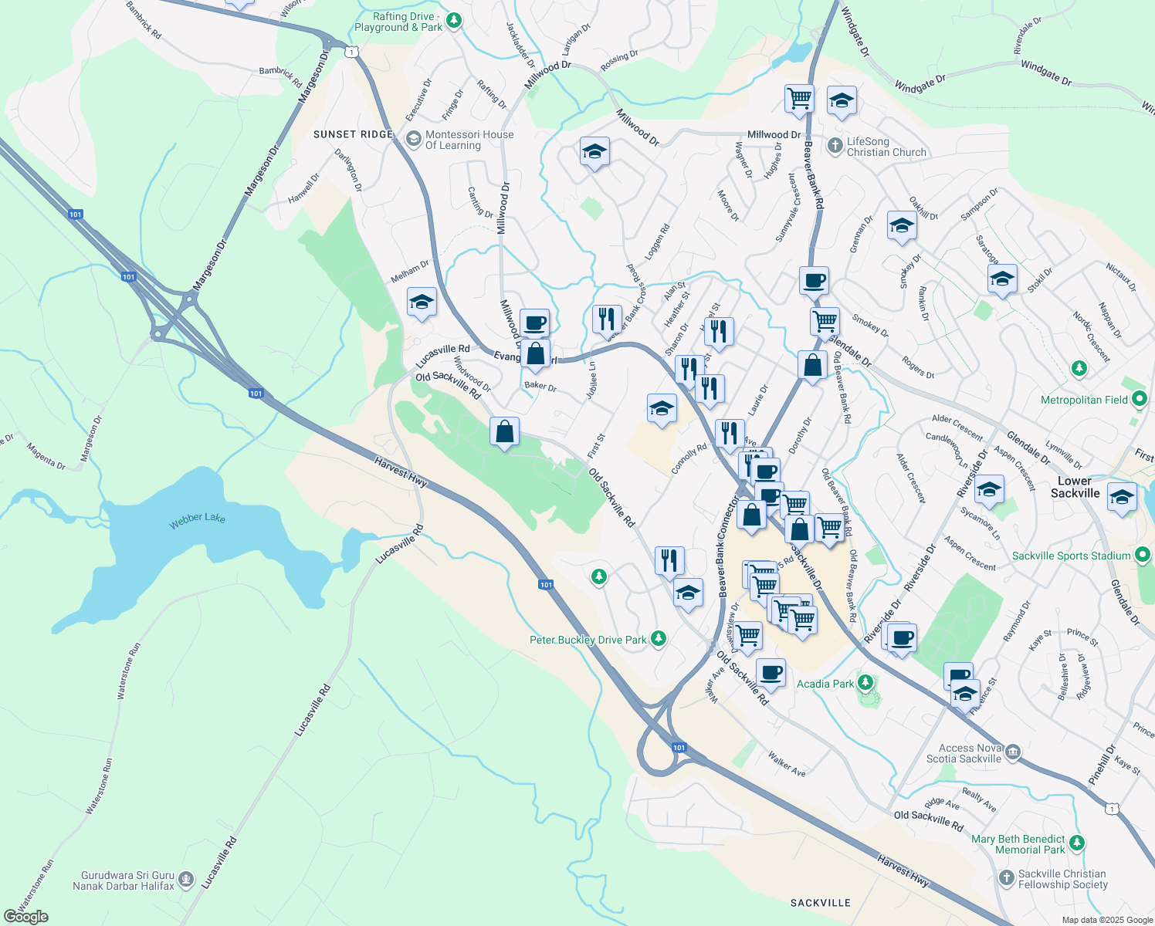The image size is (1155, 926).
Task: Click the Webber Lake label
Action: click(x=198, y=518)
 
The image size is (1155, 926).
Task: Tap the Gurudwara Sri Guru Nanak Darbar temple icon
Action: click(x=185, y=878)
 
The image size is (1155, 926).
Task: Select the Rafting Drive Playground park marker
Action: click(x=454, y=21)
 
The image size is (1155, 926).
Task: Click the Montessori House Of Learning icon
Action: click(x=413, y=139)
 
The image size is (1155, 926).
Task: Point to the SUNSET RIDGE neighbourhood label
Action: click(x=354, y=134)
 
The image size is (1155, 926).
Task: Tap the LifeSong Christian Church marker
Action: click(x=835, y=145)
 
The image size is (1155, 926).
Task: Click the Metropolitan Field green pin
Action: click(x=1140, y=400)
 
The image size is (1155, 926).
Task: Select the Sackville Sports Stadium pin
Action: click(x=1143, y=555)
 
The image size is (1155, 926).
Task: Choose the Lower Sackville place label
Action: click(x=1075, y=487)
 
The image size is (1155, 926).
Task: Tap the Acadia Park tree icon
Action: click(x=865, y=683)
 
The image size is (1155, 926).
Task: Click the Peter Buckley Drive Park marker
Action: click(x=659, y=638)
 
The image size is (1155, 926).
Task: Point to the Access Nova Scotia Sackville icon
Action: click(x=1013, y=752)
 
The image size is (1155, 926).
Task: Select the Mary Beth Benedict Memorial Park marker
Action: click(x=1078, y=843)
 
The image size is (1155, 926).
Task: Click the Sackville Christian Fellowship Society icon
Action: click(x=1006, y=878)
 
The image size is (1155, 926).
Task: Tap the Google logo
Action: click(x=25, y=916)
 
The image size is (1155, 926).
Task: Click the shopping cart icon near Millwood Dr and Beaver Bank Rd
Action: click(x=799, y=99)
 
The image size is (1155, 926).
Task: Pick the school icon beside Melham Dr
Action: click(x=422, y=302)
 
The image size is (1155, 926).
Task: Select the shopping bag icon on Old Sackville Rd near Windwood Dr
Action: click(x=504, y=432)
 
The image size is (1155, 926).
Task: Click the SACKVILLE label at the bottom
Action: click(x=821, y=903)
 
